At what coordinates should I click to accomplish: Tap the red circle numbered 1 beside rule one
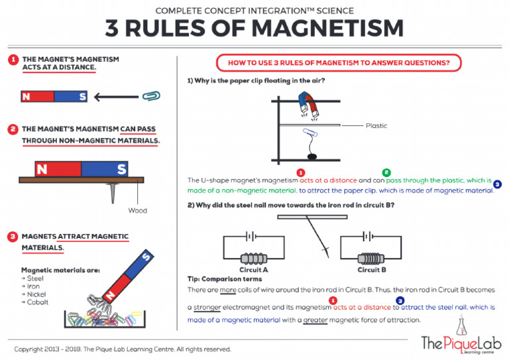[12, 60]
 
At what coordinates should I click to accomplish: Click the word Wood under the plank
[137, 211]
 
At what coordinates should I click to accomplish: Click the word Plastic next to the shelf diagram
[376, 125]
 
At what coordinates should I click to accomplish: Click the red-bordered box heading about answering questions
[339, 63]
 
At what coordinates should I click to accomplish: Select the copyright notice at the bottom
[123, 349]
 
